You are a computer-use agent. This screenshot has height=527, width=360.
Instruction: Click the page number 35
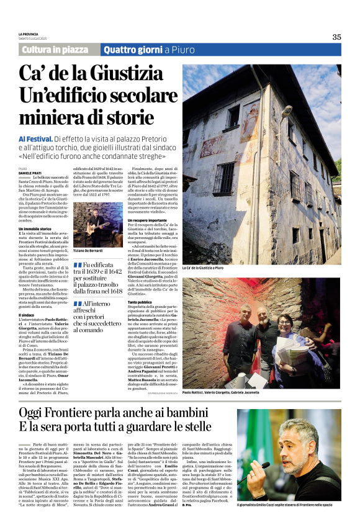[x=336, y=37]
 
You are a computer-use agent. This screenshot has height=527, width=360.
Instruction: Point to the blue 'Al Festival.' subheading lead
[x=35, y=140]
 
